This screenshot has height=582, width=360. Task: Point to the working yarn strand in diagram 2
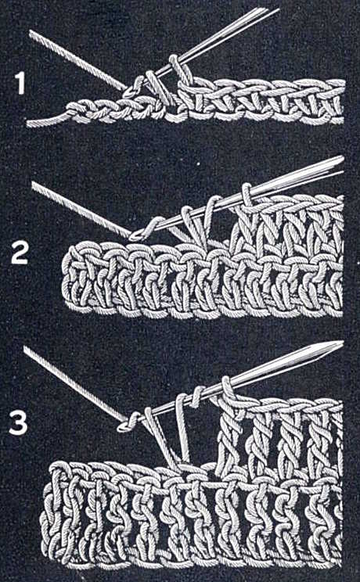click(x=78, y=207)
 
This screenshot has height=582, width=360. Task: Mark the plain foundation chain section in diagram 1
click(x=102, y=113)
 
